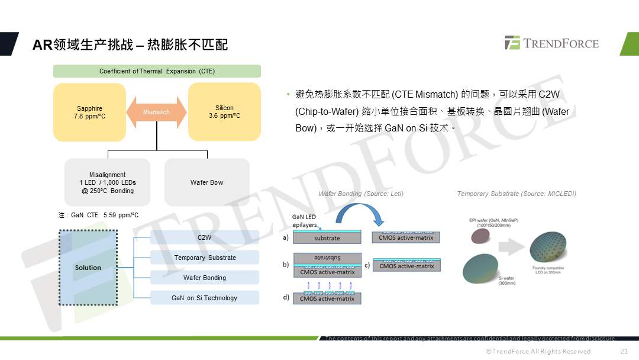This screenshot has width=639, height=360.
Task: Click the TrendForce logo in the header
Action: point(551,43)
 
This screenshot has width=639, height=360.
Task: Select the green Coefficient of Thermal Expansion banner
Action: point(157,71)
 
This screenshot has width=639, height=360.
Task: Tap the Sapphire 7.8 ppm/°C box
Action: point(89,112)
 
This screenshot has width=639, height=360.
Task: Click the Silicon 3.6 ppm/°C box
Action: point(224,112)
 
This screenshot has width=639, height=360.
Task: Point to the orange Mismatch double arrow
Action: point(157,112)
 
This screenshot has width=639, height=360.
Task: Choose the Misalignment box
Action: point(107,182)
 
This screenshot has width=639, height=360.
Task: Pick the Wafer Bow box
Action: point(207,182)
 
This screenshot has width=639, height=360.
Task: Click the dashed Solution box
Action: point(88,268)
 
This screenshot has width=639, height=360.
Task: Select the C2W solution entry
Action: point(205,237)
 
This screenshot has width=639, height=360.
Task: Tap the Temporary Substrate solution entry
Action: point(205,258)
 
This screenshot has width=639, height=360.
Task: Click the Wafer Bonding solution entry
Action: point(205,278)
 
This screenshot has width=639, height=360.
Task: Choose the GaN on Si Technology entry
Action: point(205,298)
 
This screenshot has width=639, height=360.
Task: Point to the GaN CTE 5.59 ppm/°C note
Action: point(98,215)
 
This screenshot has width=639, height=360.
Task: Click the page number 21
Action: point(624,351)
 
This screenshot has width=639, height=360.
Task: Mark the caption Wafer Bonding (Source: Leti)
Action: point(361,194)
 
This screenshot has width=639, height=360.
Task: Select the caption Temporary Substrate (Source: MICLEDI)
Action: point(517,194)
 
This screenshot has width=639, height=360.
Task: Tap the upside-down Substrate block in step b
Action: point(327,258)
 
